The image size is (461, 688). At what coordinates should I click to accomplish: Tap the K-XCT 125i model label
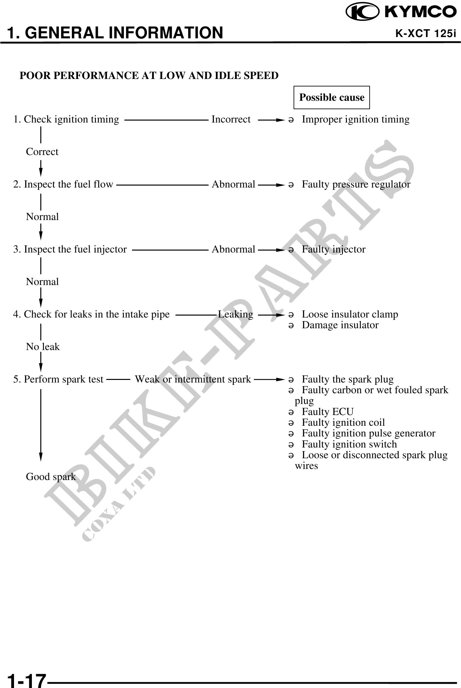[x=426, y=33]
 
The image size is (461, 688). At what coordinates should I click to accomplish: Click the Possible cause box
[x=332, y=97]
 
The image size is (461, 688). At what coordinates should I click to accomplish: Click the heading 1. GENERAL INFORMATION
[x=115, y=33]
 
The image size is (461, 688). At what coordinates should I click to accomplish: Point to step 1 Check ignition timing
[x=66, y=120]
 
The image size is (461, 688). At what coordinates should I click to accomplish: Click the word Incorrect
[x=231, y=120]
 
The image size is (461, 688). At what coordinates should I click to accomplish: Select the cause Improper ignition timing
[x=355, y=120]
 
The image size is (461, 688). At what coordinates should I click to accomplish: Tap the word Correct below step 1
[x=42, y=152]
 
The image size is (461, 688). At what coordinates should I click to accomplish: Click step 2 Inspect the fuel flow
[x=63, y=185]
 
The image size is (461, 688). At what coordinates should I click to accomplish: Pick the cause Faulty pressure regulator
[x=356, y=185]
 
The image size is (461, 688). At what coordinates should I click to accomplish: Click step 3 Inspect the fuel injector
[x=70, y=250]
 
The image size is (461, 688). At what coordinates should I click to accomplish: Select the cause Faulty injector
[x=334, y=250]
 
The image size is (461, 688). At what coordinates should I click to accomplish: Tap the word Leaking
[x=235, y=315]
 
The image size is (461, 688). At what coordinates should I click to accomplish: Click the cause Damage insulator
[x=340, y=325]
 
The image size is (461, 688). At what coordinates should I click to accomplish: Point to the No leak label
[x=43, y=347]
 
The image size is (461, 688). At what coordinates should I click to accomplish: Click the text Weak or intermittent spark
[x=193, y=380]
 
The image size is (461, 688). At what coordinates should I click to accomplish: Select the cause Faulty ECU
[x=327, y=412]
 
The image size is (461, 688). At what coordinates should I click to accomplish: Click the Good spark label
[x=51, y=477]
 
